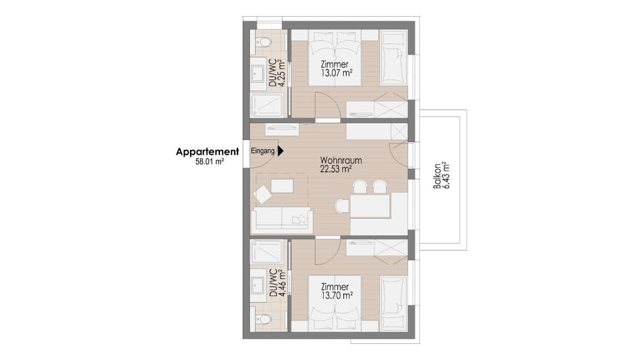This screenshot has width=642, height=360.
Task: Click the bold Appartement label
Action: coord(207,152)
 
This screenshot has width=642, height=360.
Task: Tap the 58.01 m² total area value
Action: coord(209,162)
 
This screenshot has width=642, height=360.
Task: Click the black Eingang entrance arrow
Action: coord(281,152)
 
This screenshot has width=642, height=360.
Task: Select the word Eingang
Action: coord(263,152)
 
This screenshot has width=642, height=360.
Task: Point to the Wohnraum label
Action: coord(340,161)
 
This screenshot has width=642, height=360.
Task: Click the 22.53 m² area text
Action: coord(336,169)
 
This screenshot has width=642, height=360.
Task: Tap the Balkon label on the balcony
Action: coord(436,176)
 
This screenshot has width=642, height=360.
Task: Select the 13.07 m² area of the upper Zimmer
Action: coord(336,74)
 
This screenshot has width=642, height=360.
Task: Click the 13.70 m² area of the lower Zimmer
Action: coord(336,294)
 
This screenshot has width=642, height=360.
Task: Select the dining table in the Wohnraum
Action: coord(370,205)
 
